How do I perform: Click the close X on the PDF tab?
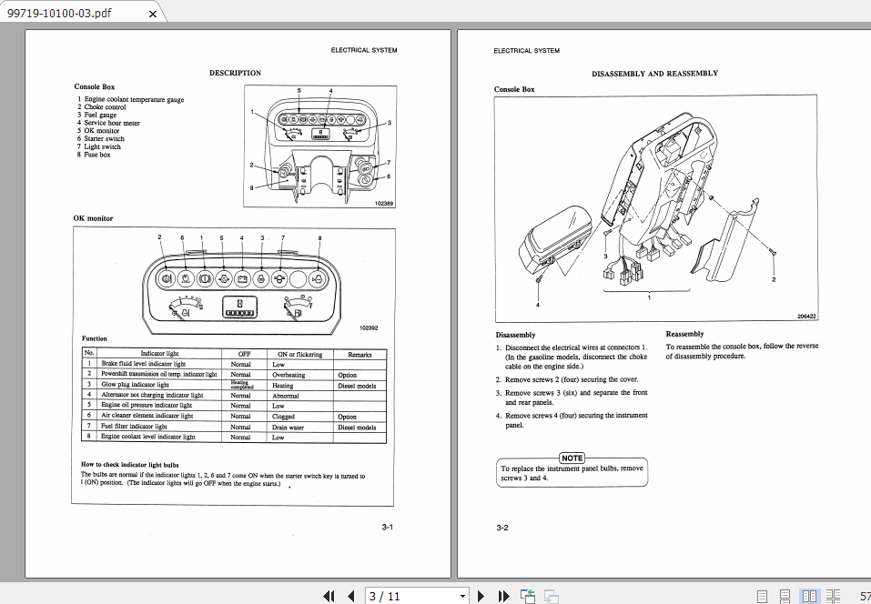tap(153, 13)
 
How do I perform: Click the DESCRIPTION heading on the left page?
tap(235, 73)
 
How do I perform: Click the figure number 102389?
tap(384, 204)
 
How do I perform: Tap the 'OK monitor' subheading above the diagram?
tap(94, 218)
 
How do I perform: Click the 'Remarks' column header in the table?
tap(359, 354)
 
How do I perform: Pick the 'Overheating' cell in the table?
tap(289, 375)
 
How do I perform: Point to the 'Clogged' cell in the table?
tap(283, 417)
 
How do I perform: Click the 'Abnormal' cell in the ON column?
tap(285, 396)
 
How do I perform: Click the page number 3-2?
tap(501, 528)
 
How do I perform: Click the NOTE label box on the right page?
tap(572, 458)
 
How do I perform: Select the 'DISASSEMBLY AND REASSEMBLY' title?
tap(654, 74)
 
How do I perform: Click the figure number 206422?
tap(806, 317)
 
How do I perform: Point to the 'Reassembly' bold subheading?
tap(684, 334)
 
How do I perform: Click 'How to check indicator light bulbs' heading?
tap(136, 465)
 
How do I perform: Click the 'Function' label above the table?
tap(95, 338)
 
